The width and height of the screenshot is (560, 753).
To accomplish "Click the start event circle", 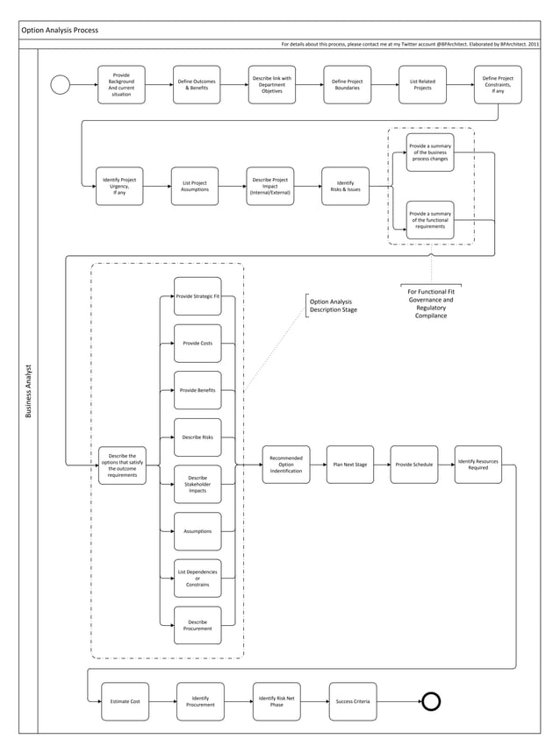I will click(61, 85).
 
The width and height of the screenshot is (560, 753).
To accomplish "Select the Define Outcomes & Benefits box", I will click(197, 85).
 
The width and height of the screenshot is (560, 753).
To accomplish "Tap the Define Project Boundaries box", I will click(347, 85).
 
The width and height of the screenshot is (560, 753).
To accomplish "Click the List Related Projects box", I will click(422, 85).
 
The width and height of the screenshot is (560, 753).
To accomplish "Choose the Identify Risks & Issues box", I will click(346, 186).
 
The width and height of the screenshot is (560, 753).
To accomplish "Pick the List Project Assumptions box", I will click(195, 186).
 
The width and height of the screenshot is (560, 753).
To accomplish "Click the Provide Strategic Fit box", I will click(197, 297).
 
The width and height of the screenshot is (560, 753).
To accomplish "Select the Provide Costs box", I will click(197, 343).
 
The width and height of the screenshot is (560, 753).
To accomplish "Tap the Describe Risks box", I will click(197, 437).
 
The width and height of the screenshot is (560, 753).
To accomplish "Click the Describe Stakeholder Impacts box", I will click(197, 484).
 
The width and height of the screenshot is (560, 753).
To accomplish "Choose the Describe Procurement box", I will click(197, 625).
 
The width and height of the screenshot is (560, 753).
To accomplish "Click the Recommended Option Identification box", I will click(286, 465).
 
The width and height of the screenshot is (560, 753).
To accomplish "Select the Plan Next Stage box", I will click(349, 465).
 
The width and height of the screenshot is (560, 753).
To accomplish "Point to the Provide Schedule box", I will click(414, 465).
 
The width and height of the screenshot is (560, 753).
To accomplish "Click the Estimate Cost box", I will click(125, 701).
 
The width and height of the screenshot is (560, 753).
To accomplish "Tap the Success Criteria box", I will click(353, 701).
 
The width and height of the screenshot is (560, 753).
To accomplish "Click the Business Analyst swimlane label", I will click(28, 390).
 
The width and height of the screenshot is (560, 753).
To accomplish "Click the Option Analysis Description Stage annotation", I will click(334, 306).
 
